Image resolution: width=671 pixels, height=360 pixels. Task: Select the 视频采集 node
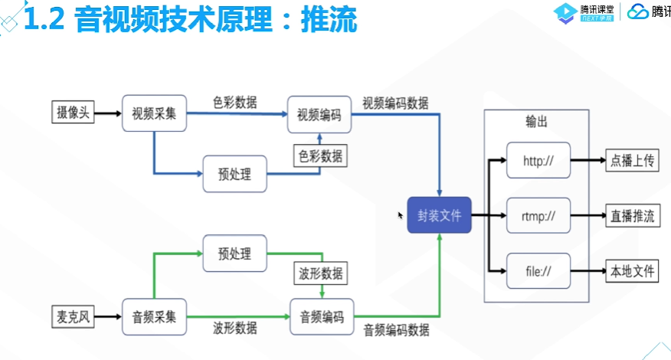(154, 113)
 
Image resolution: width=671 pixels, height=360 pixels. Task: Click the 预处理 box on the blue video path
(234, 173)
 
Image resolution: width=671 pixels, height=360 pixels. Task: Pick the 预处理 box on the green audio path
(234, 254)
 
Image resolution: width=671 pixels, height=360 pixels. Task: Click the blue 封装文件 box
(439, 215)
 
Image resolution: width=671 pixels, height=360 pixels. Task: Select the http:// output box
(538, 161)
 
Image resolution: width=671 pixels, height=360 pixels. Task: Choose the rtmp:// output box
(538, 216)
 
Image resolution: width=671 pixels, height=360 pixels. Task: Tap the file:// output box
(538, 271)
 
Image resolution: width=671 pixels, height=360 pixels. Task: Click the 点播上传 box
(631, 161)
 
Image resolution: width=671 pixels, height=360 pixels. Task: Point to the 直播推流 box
(631, 216)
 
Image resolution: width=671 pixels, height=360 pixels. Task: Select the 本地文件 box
(631, 271)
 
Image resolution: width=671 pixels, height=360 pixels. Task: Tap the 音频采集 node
(154, 316)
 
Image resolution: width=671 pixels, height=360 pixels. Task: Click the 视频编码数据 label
(395, 103)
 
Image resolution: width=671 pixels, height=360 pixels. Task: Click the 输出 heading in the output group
(536, 122)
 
